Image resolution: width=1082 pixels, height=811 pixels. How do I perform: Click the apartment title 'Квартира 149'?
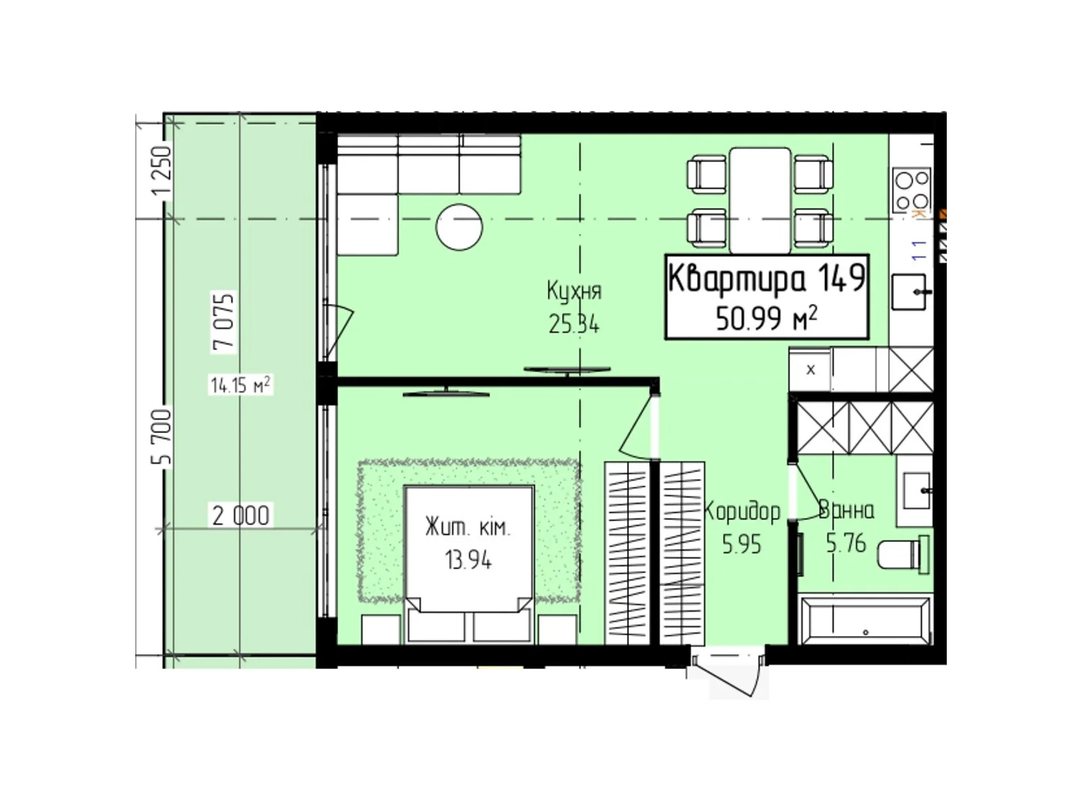pos(766,278)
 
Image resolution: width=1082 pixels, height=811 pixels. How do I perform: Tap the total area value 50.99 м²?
pos(766,318)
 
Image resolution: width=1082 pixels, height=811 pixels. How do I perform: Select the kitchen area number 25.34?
pos(573,325)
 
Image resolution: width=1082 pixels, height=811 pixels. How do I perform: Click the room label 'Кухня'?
pos(573,291)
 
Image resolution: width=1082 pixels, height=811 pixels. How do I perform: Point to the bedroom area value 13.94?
pos(468,560)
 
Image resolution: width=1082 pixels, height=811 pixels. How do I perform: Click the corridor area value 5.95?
pos(741,544)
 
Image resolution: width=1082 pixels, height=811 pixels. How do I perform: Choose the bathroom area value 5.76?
pos(845,543)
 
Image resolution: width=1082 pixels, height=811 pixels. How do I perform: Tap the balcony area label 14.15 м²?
pos(240,386)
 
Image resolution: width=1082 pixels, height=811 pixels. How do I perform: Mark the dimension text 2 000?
pos(241,516)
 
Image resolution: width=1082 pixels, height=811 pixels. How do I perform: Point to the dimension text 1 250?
pos(162,172)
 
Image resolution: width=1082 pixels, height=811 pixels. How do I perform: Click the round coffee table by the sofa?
pos(459,227)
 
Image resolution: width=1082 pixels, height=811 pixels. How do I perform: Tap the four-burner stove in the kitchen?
pos(912,190)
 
